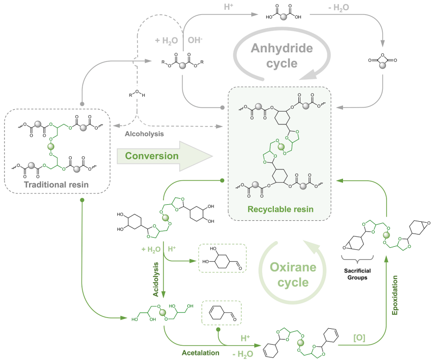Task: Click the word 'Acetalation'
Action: coord(201,353)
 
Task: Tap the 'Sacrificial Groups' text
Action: coord(356,271)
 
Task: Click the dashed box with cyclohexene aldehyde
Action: coord(222,312)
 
